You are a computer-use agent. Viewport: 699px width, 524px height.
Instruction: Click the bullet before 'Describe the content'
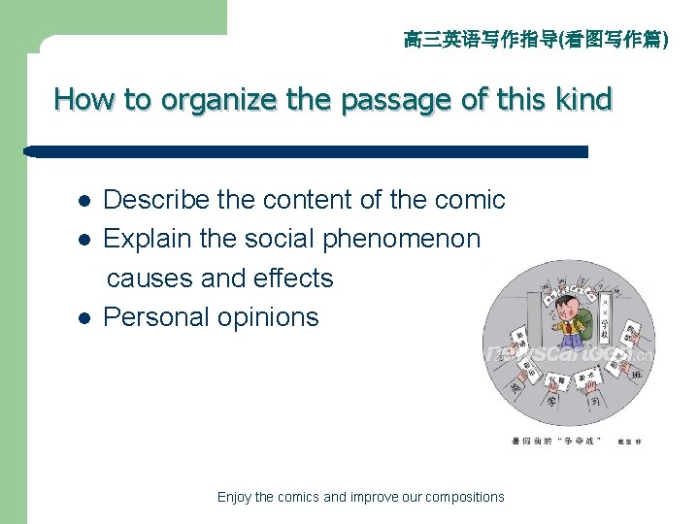[x=84, y=201]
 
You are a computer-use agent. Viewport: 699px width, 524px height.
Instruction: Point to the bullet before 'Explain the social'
[x=84, y=240]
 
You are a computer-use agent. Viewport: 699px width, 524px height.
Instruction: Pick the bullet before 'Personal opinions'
[x=84, y=317]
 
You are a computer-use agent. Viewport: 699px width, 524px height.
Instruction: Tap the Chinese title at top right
[x=535, y=40]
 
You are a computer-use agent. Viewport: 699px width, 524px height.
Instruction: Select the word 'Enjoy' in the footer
[x=234, y=497]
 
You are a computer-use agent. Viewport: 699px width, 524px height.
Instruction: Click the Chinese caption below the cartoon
[x=563, y=442]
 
